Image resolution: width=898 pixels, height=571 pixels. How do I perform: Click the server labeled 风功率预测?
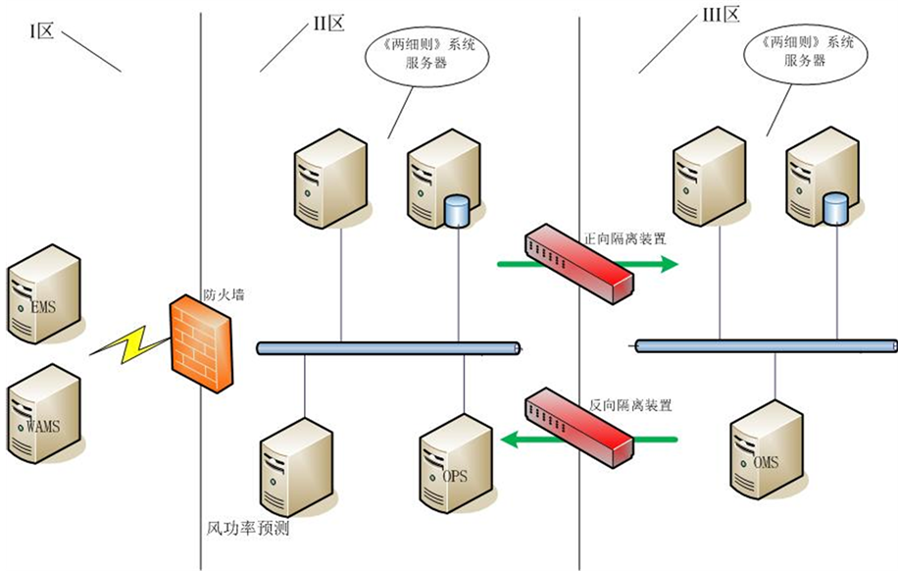(296, 467)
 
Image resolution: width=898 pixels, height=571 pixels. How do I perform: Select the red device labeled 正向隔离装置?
(578, 261)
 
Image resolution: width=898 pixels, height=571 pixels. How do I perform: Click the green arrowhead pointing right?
(668, 263)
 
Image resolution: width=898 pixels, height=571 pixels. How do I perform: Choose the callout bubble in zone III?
(799, 55)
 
